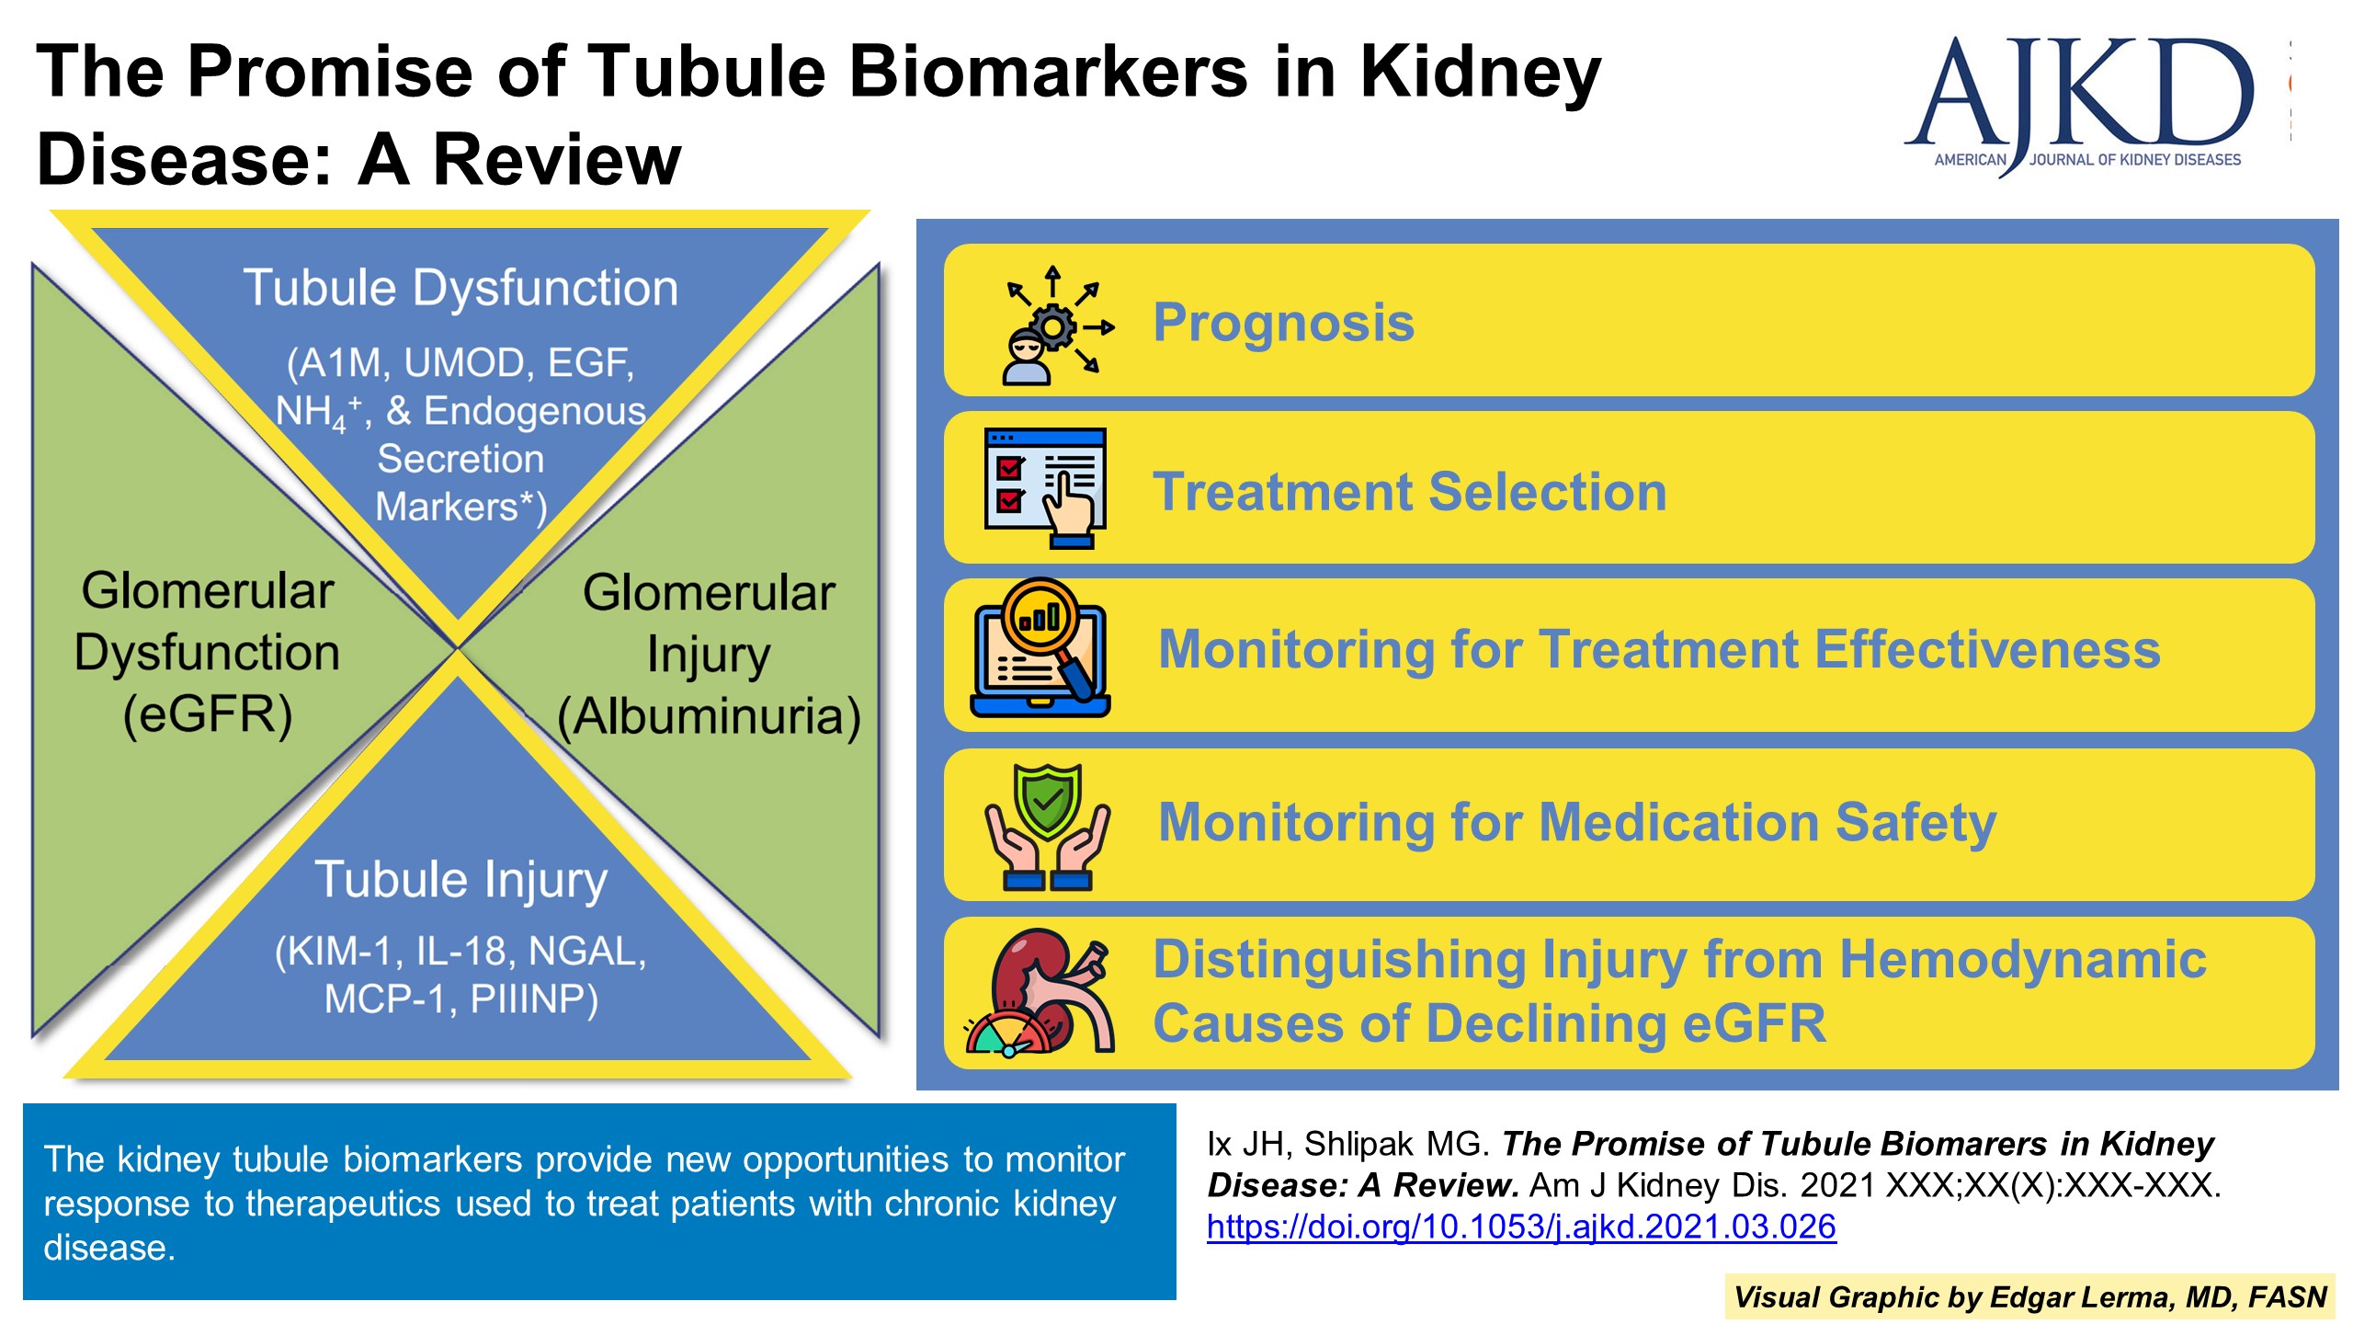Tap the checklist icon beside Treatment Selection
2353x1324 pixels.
tap(1045, 487)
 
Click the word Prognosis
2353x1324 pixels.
tap(1283, 323)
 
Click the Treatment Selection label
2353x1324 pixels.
tap(1409, 491)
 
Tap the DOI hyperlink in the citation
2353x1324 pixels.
tap(1521, 1227)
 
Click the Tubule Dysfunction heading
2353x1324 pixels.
tap(460, 288)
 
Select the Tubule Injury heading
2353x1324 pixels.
tap(460, 879)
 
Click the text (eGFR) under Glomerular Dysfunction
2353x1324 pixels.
tap(208, 714)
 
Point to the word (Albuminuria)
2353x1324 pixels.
tap(709, 716)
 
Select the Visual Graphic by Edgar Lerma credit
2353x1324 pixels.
tap(2029, 1296)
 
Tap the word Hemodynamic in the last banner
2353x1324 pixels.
tap(2022, 960)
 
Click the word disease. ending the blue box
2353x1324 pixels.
tap(109, 1248)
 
